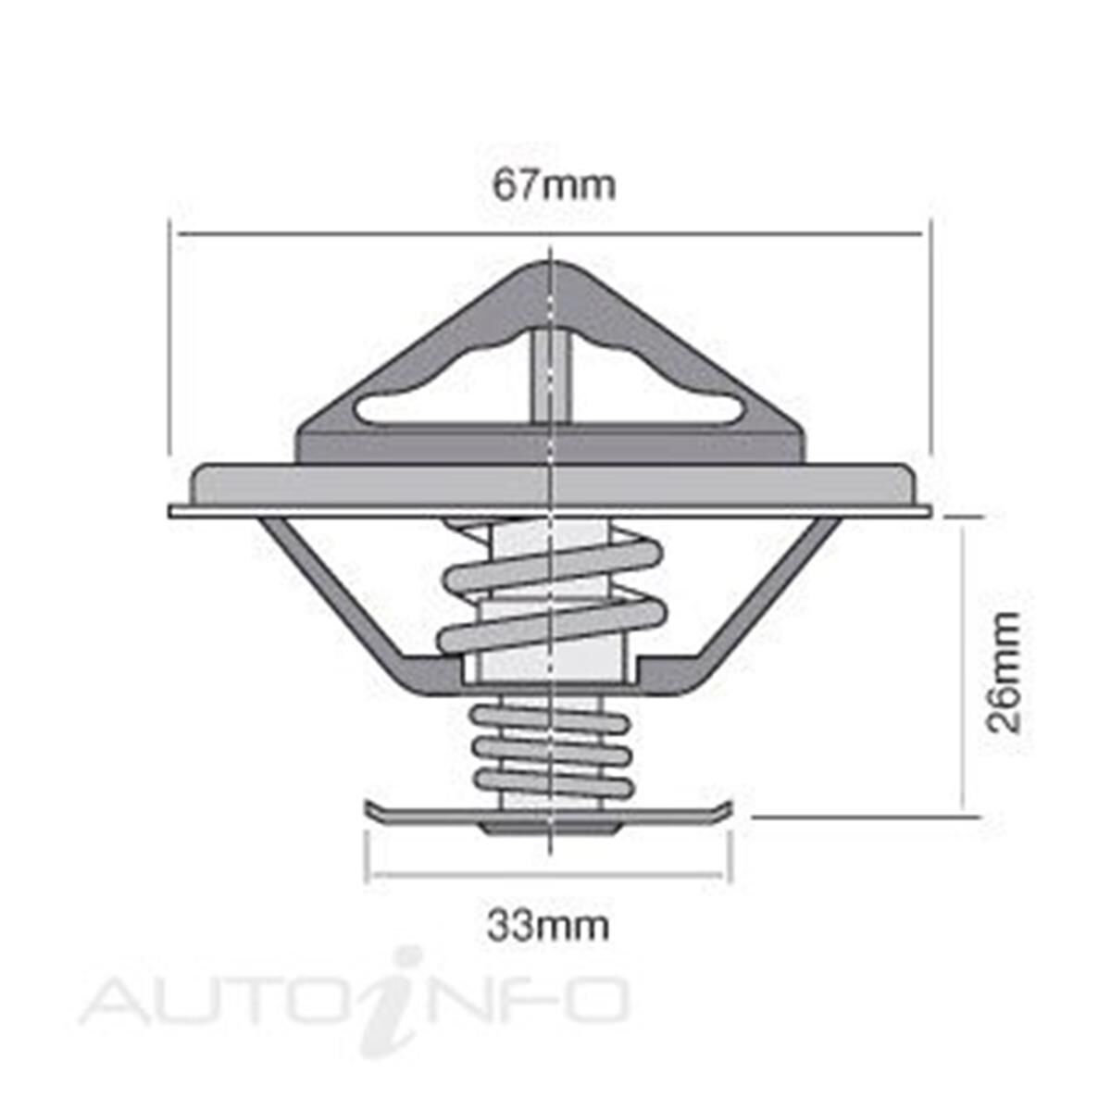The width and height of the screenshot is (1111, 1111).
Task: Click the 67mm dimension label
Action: tap(553, 186)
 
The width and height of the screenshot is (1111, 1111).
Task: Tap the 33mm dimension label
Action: tap(548, 925)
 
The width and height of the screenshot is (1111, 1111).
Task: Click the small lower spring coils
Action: tap(551, 749)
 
